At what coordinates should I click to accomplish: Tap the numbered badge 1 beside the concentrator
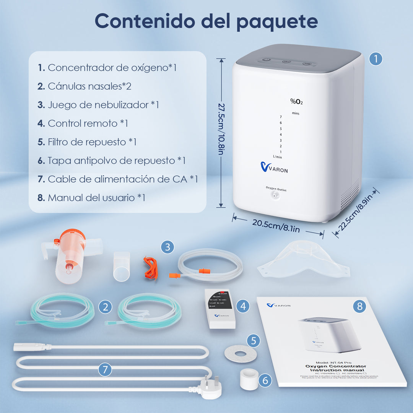point(376,59)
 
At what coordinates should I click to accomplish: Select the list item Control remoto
point(83,123)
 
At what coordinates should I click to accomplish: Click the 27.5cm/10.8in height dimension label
point(221,128)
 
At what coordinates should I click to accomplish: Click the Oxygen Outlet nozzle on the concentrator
point(275,195)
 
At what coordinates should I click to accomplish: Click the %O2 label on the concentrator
point(296,101)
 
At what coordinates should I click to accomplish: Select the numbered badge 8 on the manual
point(359,306)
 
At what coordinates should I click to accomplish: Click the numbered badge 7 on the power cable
point(105,369)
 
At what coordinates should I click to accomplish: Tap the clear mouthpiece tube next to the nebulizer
point(122,266)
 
